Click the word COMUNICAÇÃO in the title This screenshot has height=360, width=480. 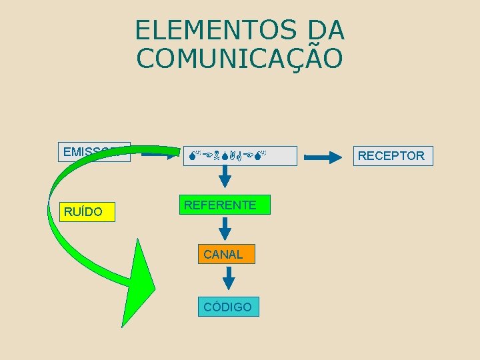240,58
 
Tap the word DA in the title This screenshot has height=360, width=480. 327,30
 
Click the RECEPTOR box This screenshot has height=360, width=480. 391,156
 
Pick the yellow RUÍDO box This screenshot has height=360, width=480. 87,212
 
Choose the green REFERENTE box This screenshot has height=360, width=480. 220,205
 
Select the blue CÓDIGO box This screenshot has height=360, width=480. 228,307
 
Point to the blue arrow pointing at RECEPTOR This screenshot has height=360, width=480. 323,157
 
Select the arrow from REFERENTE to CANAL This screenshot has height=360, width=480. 226,228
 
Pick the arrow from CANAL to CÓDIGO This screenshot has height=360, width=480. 228,277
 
